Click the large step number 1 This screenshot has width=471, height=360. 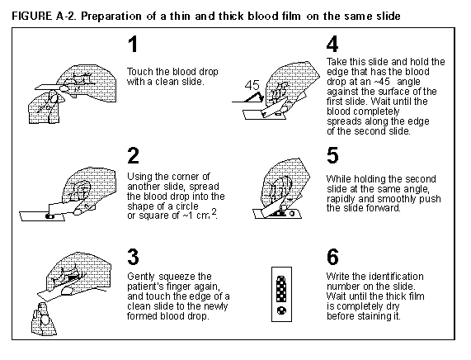(133, 45)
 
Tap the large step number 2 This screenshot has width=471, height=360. (134, 155)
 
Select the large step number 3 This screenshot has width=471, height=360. (134, 257)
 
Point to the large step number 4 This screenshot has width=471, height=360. (332, 45)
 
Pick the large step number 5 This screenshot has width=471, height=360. (332, 155)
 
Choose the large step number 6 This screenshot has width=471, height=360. (332, 257)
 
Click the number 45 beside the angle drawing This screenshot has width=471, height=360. (252, 85)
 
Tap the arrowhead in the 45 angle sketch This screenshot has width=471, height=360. (261, 97)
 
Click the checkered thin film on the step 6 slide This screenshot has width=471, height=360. (281, 289)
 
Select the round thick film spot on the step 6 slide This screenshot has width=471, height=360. (281, 310)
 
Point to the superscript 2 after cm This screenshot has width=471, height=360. (214, 211)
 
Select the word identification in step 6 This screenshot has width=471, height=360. (396, 277)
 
